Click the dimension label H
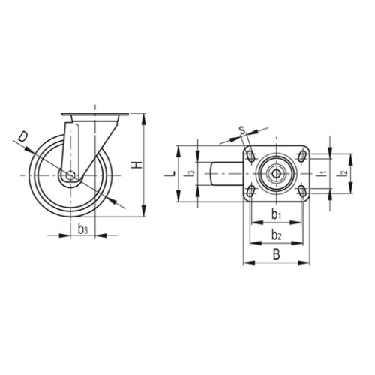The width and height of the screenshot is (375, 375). click(137, 165)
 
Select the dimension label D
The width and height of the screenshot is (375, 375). click(23, 137)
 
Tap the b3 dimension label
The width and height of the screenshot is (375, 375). click(83, 229)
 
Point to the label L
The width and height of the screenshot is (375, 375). click(169, 174)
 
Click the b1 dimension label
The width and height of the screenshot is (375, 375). click(276, 214)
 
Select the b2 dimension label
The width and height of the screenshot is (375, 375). click(277, 235)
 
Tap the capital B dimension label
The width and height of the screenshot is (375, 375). click(276, 254)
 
